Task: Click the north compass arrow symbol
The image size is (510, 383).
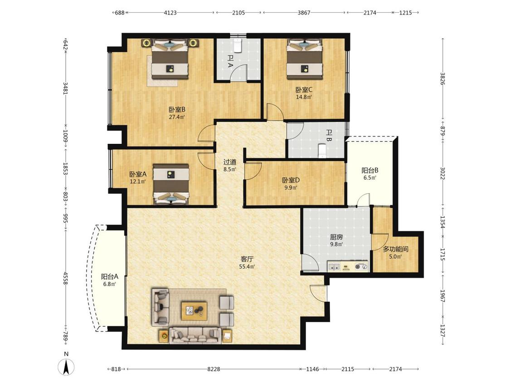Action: pyautogui.click(x=66, y=367)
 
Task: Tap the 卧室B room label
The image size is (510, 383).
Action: pyautogui.click(x=177, y=110)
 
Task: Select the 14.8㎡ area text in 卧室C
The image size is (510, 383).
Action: pyautogui.click(x=304, y=97)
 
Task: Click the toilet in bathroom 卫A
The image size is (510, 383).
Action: pyautogui.click(x=238, y=45)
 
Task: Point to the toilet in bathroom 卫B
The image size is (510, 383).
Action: pyautogui.click(x=322, y=151)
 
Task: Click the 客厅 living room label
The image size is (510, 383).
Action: pyautogui.click(x=247, y=259)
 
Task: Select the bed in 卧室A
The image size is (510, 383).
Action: pyautogui.click(x=171, y=184)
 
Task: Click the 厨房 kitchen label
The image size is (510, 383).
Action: pyautogui.click(x=336, y=237)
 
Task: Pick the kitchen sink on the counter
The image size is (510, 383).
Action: pyautogui.click(x=334, y=267)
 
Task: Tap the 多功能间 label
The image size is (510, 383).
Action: pyautogui.click(x=395, y=249)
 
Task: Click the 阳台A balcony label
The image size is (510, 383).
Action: pyautogui.click(x=109, y=277)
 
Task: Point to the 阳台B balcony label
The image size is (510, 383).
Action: pyautogui.click(x=370, y=170)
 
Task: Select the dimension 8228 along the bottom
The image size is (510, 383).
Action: pyautogui.click(x=214, y=369)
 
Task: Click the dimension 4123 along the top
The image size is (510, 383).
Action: pyautogui.click(x=170, y=13)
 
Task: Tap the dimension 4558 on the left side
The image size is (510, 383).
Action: pyautogui.click(x=65, y=279)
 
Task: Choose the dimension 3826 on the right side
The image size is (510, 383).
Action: pyautogui.click(x=442, y=79)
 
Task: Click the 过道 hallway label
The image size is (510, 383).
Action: pyautogui.click(x=230, y=162)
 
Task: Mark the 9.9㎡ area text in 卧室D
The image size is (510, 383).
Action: pyautogui.click(x=291, y=187)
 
